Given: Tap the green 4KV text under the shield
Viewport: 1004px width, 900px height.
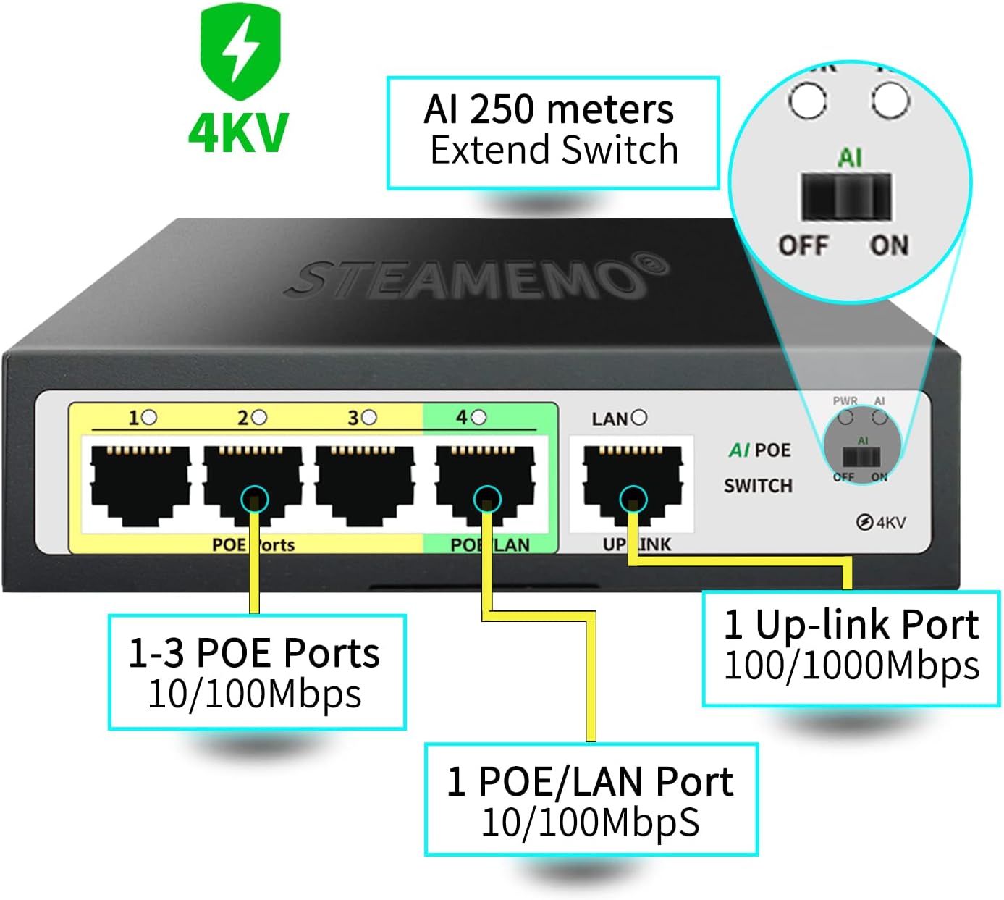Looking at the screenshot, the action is coord(238,133).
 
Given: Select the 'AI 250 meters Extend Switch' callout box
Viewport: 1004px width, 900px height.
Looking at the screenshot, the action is coord(552,132).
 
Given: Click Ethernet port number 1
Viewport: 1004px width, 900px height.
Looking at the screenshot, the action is coord(140,481).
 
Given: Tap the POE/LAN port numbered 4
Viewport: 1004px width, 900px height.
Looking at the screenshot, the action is coord(485,481).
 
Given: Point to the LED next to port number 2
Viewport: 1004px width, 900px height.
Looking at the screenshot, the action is coord(259,418).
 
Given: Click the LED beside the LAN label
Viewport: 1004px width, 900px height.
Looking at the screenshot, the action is coord(638,418).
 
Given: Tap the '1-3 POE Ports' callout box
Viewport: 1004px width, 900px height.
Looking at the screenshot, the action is coord(256,672).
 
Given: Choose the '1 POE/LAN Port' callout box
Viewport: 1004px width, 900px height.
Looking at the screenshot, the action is coord(590,799).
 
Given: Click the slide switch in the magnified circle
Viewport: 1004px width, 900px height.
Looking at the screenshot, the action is coord(845,195).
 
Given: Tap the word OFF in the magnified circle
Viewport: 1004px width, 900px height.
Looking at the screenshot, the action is coord(803,245).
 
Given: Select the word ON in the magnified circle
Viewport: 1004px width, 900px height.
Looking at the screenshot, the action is coord(889,245).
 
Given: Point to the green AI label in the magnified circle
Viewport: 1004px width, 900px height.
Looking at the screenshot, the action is coord(850,157).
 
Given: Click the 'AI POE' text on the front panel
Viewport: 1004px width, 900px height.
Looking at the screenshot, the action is coord(759,450).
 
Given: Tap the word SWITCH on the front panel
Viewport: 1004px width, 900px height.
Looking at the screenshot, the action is coord(758,485).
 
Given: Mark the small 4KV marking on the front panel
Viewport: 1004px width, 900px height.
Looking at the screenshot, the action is coord(881,522).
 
